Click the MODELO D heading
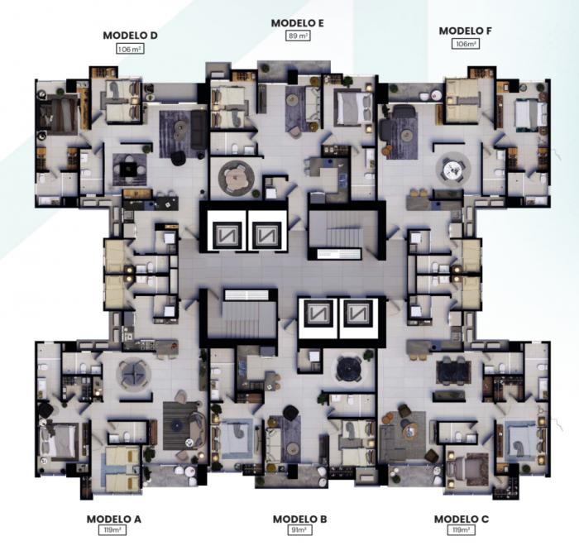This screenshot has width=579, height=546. click(130, 36)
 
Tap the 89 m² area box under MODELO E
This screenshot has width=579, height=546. click(298, 36)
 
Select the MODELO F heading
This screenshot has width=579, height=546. click(465, 31)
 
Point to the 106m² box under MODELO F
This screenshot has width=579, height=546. click(466, 44)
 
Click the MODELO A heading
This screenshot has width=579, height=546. click(114, 519)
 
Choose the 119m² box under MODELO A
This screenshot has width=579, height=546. click(112, 530)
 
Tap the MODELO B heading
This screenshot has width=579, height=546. click(299, 519)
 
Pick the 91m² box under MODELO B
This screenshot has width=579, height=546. click(299, 530)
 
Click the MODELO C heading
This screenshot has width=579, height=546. click(462, 519)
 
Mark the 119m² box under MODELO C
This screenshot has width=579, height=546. click(462, 530)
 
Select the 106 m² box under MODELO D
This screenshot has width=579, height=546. click(130, 49)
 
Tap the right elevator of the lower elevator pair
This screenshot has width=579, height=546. click(358, 318)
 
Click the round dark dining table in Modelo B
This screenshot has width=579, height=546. click(350, 368)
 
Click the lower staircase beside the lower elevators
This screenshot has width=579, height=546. click(242, 314)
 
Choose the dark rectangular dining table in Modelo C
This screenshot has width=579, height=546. click(453, 373)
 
